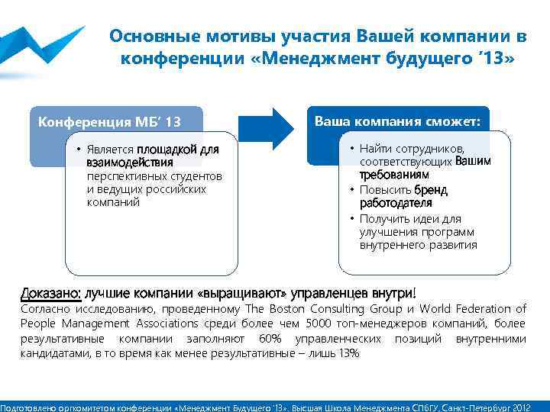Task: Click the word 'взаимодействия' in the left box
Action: click(x=129, y=163)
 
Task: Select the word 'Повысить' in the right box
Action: click(x=387, y=190)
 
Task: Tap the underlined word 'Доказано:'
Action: click(x=50, y=293)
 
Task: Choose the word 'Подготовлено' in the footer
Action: click(x=28, y=407)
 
